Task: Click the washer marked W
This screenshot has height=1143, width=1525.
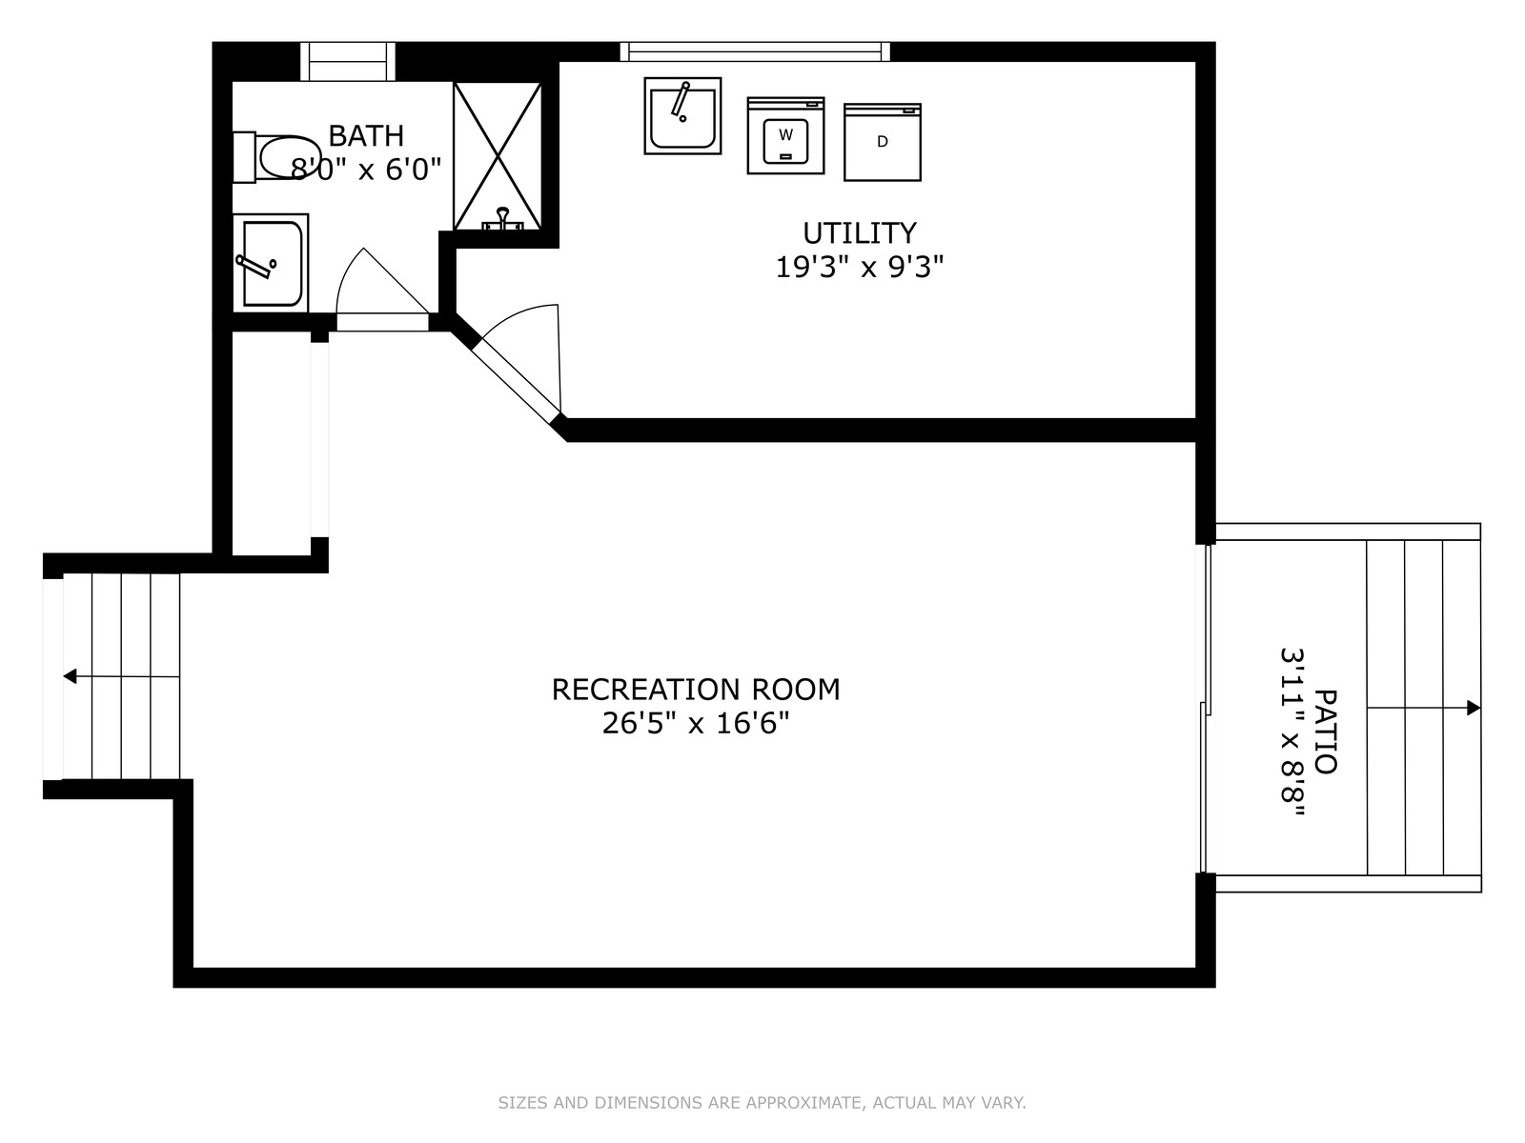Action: (785, 135)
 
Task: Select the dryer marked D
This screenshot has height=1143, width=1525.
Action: (883, 142)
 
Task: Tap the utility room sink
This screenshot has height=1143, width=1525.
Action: (682, 115)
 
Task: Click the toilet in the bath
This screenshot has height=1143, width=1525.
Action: (275, 157)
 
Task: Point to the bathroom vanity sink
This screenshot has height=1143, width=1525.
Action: (271, 263)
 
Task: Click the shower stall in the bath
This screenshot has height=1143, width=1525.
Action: (498, 156)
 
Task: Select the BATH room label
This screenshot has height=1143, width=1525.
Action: (366, 136)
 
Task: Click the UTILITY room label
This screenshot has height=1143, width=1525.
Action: (860, 233)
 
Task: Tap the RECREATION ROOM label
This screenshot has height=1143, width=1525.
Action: (696, 690)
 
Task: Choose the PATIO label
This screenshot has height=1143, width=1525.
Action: (1326, 732)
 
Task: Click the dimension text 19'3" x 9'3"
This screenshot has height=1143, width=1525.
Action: (860, 268)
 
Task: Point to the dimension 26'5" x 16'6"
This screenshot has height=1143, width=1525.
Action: (696, 724)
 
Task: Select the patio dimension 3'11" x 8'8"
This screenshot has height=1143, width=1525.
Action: (1292, 732)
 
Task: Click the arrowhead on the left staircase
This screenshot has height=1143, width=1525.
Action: (70, 676)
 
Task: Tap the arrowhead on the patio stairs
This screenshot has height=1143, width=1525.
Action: (1473, 708)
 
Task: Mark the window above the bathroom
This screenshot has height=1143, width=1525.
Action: (347, 61)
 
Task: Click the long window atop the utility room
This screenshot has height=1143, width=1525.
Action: (755, 52)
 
